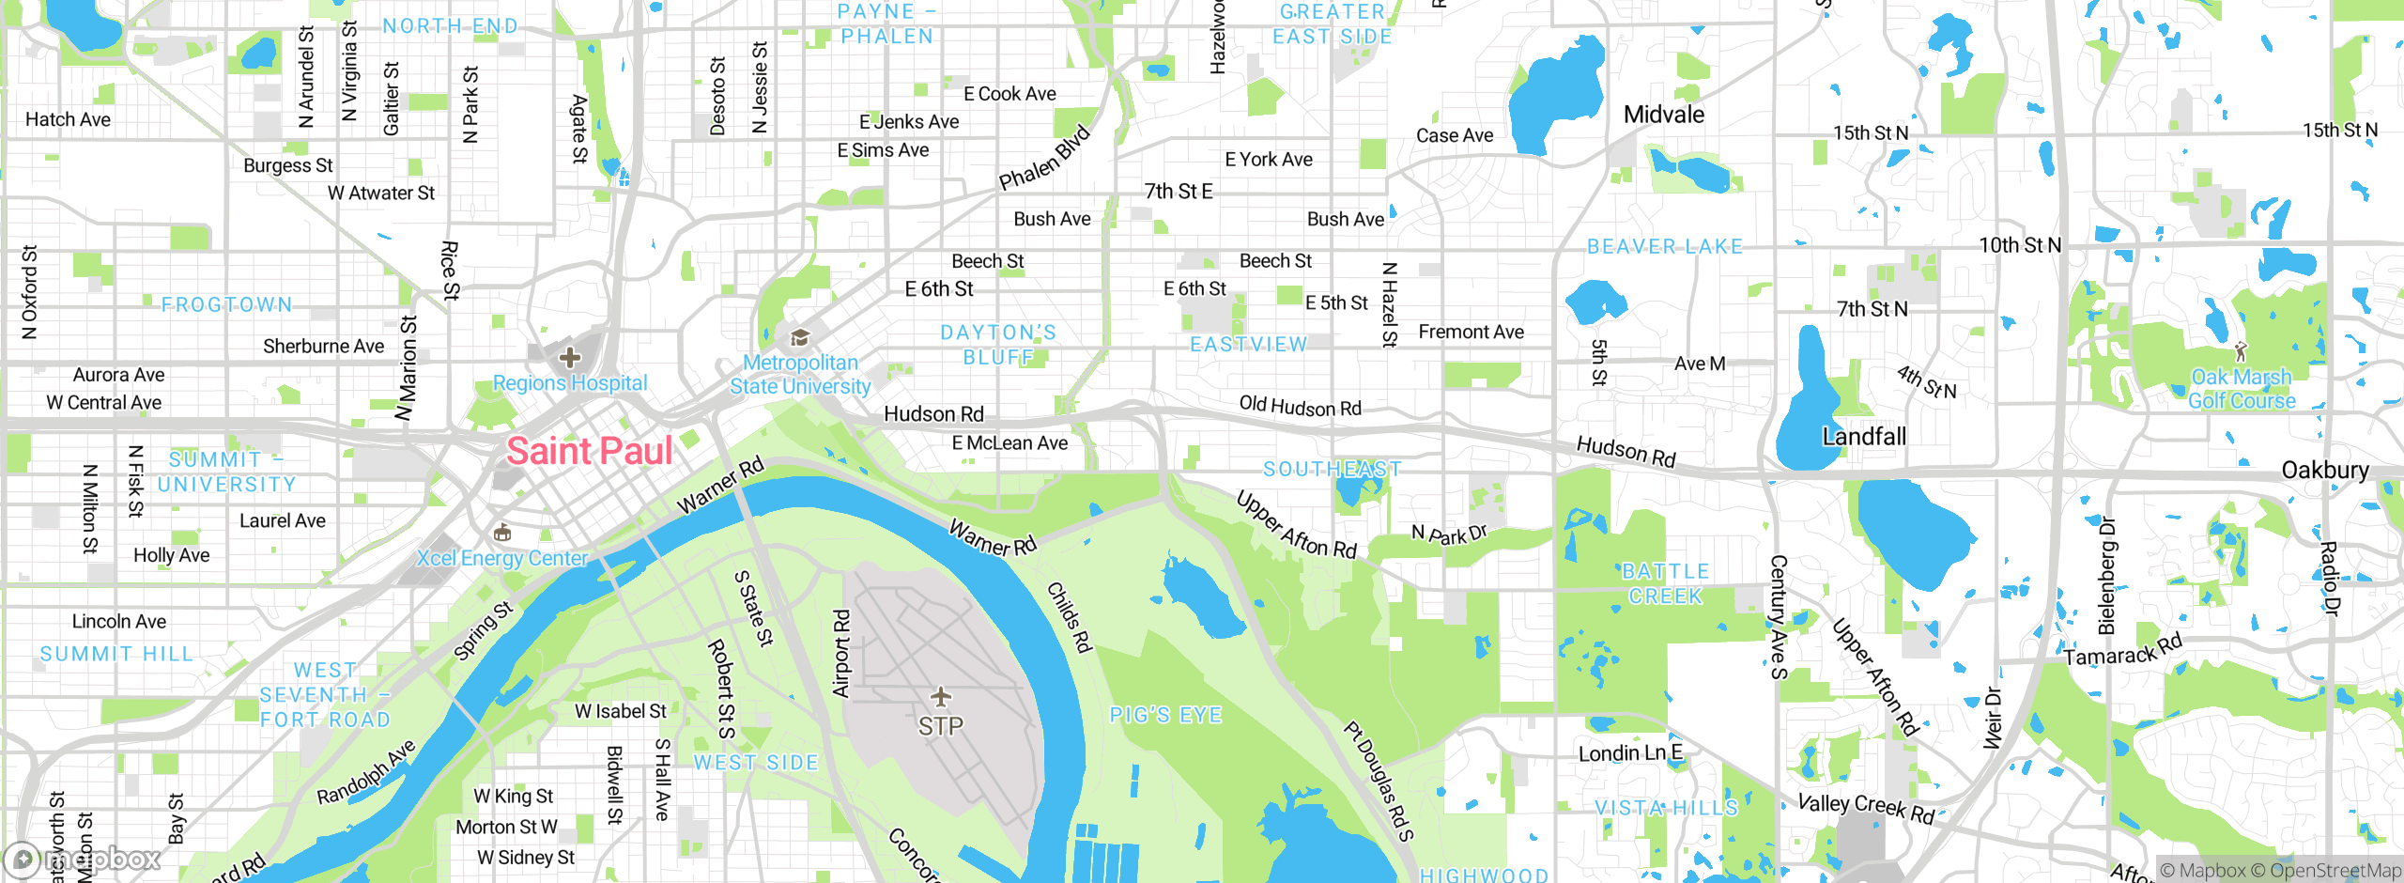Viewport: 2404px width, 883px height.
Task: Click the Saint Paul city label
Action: pyautogui.click(x=590, y=451)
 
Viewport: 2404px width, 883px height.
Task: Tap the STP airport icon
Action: pyautogui.click(x=940, y=697)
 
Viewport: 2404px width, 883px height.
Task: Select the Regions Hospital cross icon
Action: pyautogui.click(x=569, y=357)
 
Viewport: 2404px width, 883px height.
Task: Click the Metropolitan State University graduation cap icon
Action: pyautogui.click(x=800, y=337)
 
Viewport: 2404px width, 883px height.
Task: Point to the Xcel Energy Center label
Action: pyautogui.click(x=502, y=558)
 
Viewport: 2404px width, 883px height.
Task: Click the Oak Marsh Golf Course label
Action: pyautogui.click(x=2242, y=389)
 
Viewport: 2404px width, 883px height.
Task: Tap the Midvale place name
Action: pyautogui.click(x=1663, y=115)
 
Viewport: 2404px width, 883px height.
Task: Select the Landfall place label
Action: pyautogui.click(x=1863, y=437)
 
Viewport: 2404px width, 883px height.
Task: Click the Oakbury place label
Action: pyautogui.click(x=2324, y=470)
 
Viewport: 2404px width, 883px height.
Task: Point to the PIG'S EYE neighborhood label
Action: pyautogui.click(x=1165, y=716)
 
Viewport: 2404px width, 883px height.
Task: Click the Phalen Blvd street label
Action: pyautogui.click(x=1044, y=158)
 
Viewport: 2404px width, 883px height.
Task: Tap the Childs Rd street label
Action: pyautogui.click(x=1070, y=617)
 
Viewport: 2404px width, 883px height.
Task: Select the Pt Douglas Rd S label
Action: pyautogui.click(x=1378, y=781)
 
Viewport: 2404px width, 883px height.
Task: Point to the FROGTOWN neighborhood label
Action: pyautogui.click(x=226, y=305)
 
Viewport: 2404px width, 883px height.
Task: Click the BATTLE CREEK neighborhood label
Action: pyautogui.click(x=1665, y=583)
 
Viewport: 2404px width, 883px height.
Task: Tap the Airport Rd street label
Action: pyautogui.click(x=841, y=654)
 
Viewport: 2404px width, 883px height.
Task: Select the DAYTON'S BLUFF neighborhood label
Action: pyautogui.click(x=998, y=345)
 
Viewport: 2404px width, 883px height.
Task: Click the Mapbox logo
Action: pyautogui.click(x=83, y=859)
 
